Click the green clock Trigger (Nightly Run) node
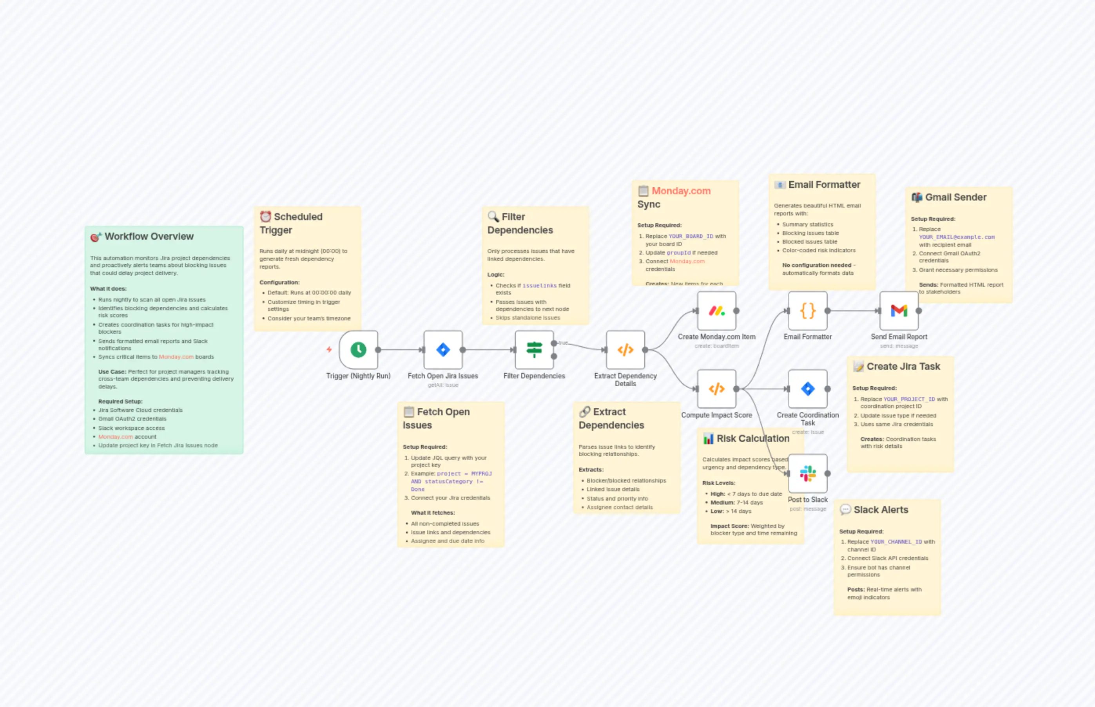[x=358, y=350]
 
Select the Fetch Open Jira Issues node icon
[x=443, y=350]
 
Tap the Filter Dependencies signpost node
[x=534, y=350]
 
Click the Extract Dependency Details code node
[x=625, y=350]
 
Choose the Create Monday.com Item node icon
[x=716, y=311]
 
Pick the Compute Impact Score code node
[x=716, y=389]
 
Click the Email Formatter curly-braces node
[x=807, y=311]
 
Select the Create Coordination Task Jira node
[x=807, y=389]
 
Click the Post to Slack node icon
[x=807, y=473]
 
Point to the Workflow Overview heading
[x=149, y=237]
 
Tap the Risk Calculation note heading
[x=753, y=438]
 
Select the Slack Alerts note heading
[x=881, y=510]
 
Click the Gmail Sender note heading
[x=955, y=197]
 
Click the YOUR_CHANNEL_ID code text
[x=896, y=542]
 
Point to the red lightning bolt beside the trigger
[x=329, y=350]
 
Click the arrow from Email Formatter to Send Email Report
[x=852, y=311]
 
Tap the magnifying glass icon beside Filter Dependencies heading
[x=493, y=216]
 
